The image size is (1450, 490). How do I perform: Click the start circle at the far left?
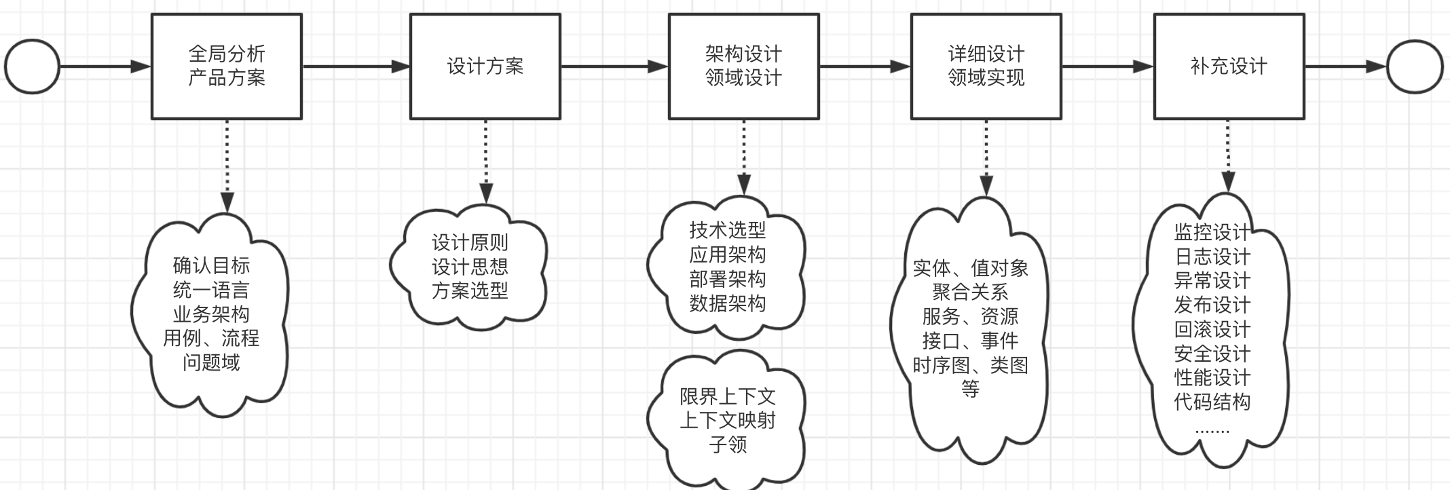point(33,67)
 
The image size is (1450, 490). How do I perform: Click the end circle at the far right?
point(1415,67)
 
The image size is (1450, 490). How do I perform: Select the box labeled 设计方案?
point(485,67)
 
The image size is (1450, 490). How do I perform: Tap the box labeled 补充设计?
point(1229,67)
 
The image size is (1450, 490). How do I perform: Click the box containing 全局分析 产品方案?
point(227,67)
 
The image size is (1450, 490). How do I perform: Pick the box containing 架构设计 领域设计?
point(743,67)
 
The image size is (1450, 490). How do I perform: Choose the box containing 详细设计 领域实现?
point(986,67)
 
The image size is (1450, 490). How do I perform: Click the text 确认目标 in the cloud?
point(211,265)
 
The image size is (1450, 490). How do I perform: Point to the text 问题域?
point(211,362)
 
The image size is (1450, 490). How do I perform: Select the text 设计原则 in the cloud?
point(470,242)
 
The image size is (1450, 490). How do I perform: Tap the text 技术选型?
point(728,230)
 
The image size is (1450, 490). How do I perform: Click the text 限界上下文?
point(728,396)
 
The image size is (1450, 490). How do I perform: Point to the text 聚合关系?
point(970,293)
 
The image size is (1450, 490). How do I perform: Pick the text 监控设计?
point(1212,232)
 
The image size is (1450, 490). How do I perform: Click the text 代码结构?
point(1212,402)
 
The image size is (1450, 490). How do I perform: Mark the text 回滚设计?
point(1212,329)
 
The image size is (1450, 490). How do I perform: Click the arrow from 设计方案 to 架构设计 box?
point(614,67)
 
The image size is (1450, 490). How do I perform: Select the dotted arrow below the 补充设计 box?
point(1228,156)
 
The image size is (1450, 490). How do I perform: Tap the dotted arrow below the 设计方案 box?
point(485,162)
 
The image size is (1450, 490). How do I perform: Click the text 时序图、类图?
point(970,365)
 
